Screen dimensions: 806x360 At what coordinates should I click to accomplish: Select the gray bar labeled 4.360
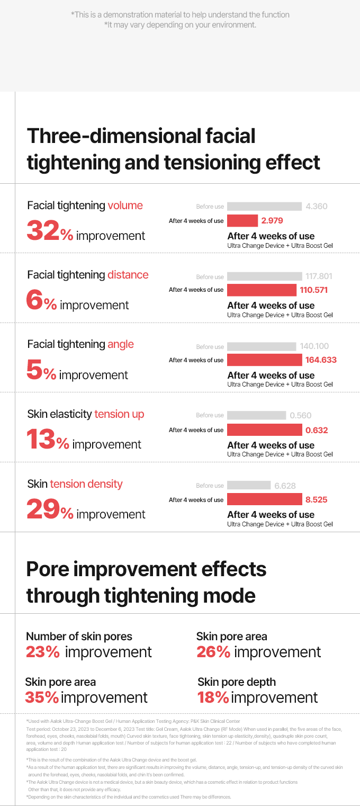264,206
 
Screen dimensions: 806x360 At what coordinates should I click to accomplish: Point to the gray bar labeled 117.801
264,276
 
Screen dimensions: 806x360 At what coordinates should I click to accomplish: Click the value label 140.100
314,346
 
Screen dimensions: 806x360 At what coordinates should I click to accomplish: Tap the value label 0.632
317,430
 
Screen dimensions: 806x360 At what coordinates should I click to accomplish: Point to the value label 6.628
285,486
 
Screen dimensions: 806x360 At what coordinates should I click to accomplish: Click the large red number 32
43,231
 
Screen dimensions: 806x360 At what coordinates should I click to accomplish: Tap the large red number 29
43,510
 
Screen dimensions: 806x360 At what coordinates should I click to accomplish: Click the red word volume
125,205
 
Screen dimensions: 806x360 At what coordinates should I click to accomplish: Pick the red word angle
120,344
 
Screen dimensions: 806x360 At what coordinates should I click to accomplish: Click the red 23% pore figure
42,652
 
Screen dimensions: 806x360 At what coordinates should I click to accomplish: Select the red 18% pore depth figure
213,697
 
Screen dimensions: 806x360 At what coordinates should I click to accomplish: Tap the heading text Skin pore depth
237,682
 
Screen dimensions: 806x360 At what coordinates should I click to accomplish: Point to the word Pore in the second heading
48,570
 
